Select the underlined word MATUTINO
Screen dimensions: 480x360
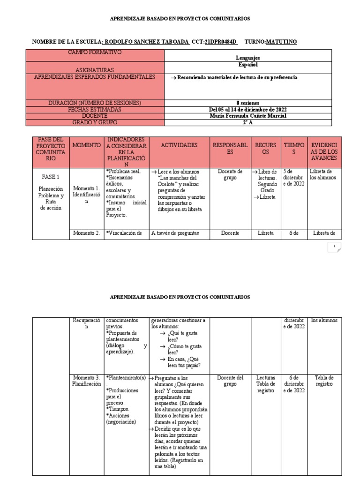(281, 42)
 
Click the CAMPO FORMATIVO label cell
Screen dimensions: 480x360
(95, 52)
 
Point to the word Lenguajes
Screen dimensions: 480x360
(248, 58)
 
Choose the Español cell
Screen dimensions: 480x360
(248, 65)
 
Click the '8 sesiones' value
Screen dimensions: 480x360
(248, 103)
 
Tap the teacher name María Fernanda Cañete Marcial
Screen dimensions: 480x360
(248, 116)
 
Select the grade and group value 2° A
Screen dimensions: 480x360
(248, 122)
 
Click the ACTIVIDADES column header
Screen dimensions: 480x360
(179, 145)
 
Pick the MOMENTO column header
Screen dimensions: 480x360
(87, 145)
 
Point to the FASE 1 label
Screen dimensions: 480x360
(50, 177)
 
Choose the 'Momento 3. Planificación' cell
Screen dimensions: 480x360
(87, 380)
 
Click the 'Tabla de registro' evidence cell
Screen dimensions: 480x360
(324, 380)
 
